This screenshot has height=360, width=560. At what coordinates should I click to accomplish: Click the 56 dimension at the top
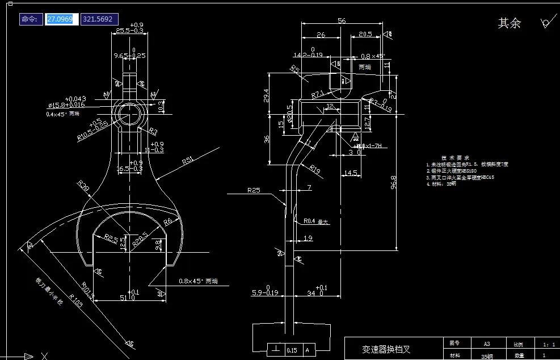coord(342,20)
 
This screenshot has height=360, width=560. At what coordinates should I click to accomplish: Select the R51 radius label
coord(188,161)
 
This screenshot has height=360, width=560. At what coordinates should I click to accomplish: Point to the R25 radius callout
coord(254,190)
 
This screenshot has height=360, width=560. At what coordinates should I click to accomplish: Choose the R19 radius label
coord(315,168)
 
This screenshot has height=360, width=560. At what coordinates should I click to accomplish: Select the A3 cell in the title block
coord(486,344)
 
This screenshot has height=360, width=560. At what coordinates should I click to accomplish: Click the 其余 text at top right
coord(509,23)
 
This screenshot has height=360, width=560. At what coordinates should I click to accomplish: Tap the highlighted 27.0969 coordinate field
coord(60,19)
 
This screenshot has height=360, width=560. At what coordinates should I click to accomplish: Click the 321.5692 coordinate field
coord(99,19)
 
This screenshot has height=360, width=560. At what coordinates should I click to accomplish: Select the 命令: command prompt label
coord(30,19)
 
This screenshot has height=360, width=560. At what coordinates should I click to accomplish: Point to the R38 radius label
coord(83,186)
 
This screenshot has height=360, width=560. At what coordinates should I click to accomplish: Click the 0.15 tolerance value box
coord(292,350)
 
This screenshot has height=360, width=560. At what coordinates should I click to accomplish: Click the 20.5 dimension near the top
coord(365,35)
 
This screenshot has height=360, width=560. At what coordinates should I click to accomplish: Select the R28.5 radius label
coord(140,237)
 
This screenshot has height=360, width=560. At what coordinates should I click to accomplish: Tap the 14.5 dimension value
coord(351,173)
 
